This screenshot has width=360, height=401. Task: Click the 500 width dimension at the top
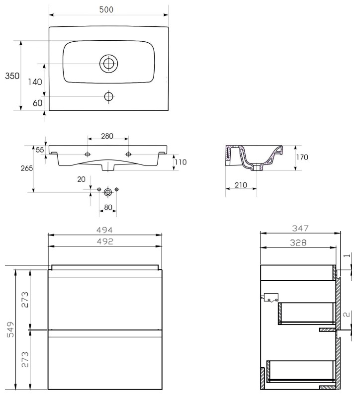pyautogui.click(x=106, y=9)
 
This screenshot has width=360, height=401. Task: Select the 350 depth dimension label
pyautogui.click(x=12, y=76)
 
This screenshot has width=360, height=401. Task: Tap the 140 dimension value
pyautogui.click(x=35, y=82)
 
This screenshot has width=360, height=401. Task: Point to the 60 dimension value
pyautogui.click(x=37, y=103)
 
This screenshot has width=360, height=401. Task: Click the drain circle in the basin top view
pyautogui.click(x=108, y=63)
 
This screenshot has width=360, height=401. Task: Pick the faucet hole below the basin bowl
pyautogui.click(x=109, y=96)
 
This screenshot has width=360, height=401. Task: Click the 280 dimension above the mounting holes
pyautogui.click(x=107, y=136)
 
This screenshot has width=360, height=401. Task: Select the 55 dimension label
pyautogui.click(x=40, y=150)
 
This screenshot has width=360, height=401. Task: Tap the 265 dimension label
pyautogui.click(x=27, y=168)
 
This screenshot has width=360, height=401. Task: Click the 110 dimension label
pyautogui.click(x=180, y=162)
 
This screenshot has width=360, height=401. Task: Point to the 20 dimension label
pyautogui.click(x=82, y=179)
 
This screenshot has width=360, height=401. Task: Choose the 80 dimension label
pyautogui.click(x=108, y=207)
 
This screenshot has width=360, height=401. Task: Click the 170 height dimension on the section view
pyautogui.click(x=302, y=157)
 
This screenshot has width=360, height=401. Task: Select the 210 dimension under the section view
pyautogui.click(x=241, y=185)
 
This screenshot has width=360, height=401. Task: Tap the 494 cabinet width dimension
pyautogui.click(x=104, y=230)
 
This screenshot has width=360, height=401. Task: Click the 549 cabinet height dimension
pyautogui.click(x=10, y=329)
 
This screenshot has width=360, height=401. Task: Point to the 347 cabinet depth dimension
pyautogui.click(x=300, y=228)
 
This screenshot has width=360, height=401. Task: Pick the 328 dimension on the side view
pyautogui.click(x=298, y=242)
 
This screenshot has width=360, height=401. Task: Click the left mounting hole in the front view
pyautogui.click(x=88, y=154)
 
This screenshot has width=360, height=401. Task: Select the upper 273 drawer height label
pyautogui.click(x=25, y=300)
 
